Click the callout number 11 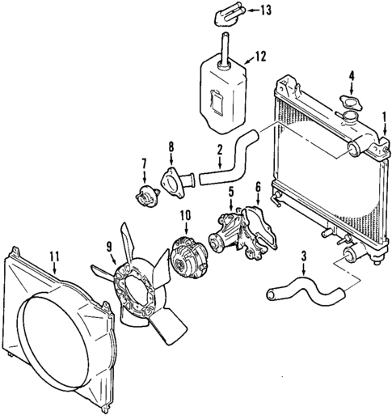[54, 256]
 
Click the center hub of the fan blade [137, 279]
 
